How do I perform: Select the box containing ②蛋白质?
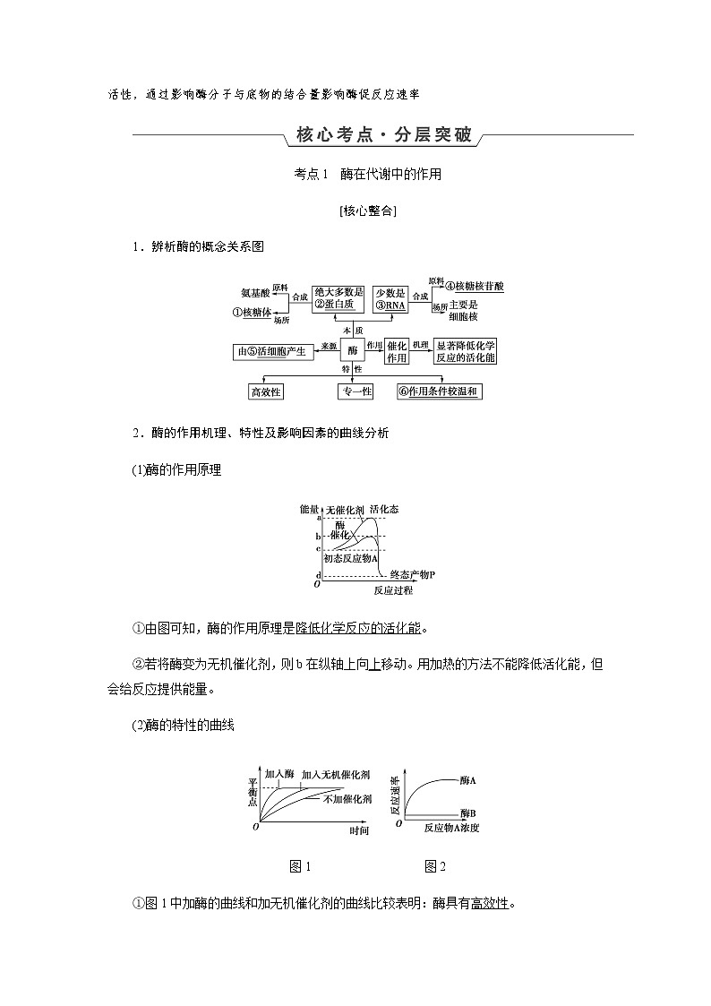tap(338, 298)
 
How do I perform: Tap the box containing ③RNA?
tap(390, 298)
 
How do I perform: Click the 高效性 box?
tap(265, 391)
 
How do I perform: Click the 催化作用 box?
tap(397, 351)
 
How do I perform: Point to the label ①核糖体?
tap(252, 313)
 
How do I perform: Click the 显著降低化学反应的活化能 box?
tap(465, 351)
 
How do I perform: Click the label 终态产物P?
tap(413, 574)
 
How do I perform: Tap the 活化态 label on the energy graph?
tap(384, 509)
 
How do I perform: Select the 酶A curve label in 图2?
tap(467, 780)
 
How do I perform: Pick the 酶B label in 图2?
tap(467, 812)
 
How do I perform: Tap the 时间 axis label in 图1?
tap(359, 830)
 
